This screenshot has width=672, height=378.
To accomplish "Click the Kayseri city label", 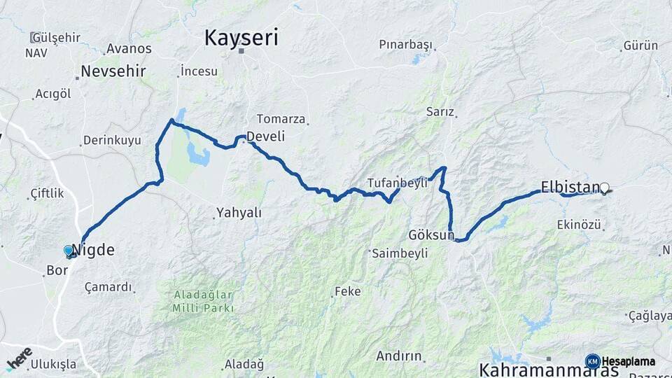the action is [x=241, y=37].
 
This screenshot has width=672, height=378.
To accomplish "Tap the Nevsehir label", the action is [x=113, y=71].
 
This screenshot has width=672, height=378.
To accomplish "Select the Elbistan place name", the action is [x=570, y=187].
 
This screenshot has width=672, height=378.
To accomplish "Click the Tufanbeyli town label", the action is [x=397, y=183].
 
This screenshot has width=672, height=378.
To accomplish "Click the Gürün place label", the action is [x=640, y=45].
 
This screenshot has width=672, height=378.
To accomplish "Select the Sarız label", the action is [x=440, y=112].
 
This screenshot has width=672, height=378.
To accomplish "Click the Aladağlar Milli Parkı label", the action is [x=203, y=300].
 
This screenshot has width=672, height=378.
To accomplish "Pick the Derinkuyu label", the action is [x=112, y=140].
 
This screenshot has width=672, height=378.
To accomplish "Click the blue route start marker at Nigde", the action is [x=69, y=250].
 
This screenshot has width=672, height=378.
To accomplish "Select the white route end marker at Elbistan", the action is [x=605, y=188].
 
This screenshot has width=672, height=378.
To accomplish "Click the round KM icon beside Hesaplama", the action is [x=592, y=361].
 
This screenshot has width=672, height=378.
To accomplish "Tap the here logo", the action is [x=19, y=358].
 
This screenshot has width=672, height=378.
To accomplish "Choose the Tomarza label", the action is [x=281, y=119].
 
